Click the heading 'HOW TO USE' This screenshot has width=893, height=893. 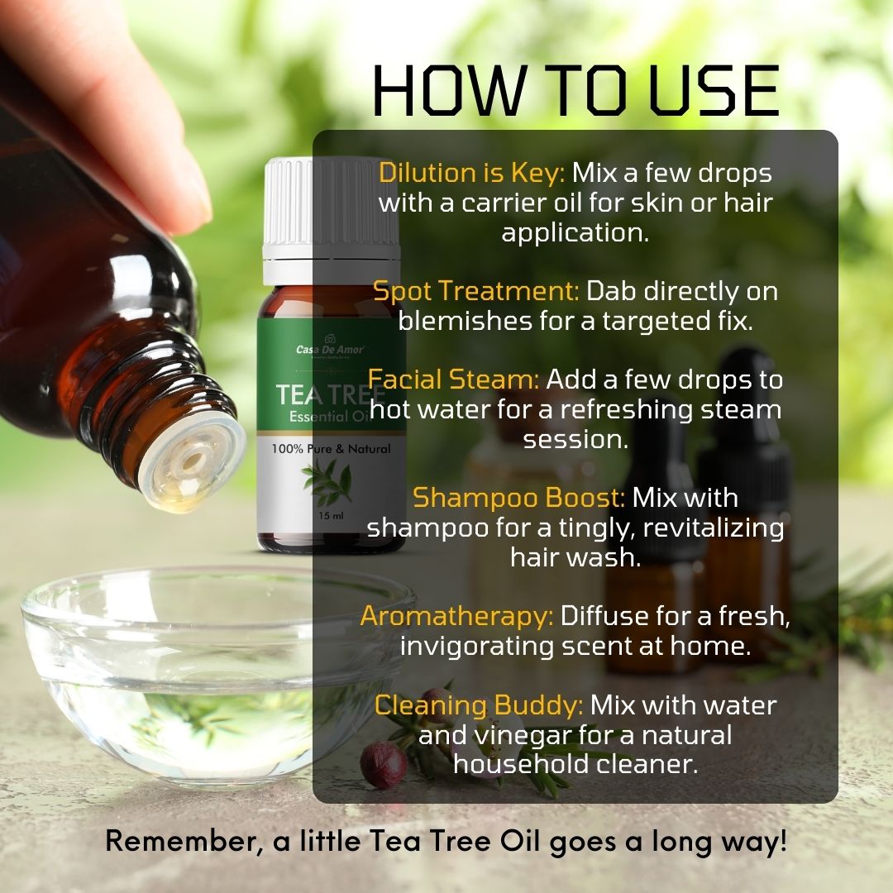point(575,91)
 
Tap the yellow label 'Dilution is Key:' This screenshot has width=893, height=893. point(471,173)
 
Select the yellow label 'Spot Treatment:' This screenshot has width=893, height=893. point(475,291)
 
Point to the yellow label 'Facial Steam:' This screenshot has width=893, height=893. point(453,380)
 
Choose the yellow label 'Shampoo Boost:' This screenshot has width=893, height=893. point(518,499)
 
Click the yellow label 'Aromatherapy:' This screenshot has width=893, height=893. point(456,616)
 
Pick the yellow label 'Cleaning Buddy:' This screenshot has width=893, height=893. point(479,705)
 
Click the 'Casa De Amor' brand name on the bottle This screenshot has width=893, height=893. point(330,350)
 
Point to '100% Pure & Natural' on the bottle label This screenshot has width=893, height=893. point(331,449)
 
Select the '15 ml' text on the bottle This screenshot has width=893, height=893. point(331,516)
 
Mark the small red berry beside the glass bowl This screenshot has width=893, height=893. point(384,765)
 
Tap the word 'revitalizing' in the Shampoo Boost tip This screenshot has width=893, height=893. point(713,528)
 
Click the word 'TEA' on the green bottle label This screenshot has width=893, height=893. point(300,394)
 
